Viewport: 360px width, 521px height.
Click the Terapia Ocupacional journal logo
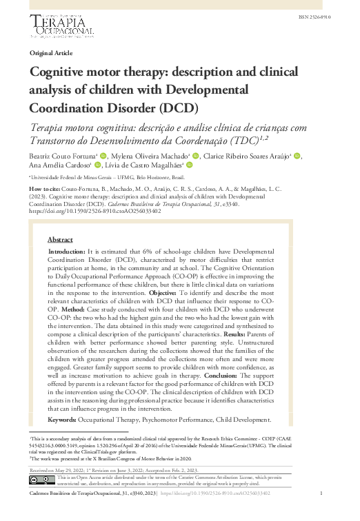coord(60,26)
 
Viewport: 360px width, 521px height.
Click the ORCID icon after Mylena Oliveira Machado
coord(197,156)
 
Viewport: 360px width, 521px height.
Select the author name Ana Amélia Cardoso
coord(59,165)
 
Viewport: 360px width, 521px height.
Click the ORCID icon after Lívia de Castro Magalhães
coord(190,165)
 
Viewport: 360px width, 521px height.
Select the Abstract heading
coord(61,240)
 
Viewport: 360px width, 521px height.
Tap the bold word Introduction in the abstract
coord(66,253)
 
